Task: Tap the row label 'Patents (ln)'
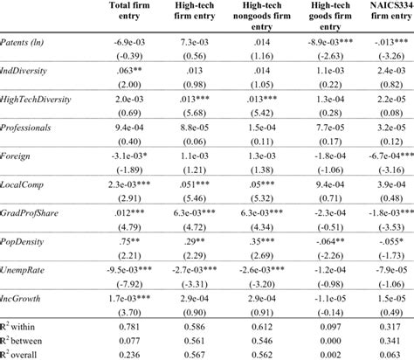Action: [x=25, y=66]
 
